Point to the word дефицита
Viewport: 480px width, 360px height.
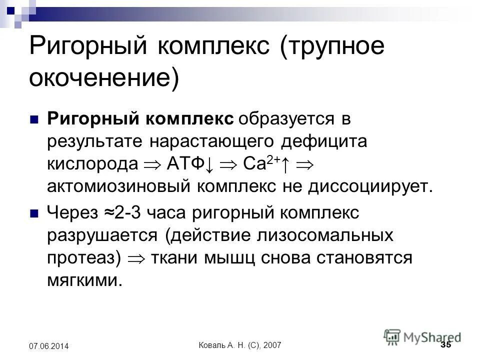point(325,141)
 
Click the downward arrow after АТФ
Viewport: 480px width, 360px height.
point(209,164)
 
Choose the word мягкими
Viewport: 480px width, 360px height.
point(84,279)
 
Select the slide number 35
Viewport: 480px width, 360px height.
point(446,345)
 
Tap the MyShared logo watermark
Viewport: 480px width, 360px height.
point(422,336)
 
